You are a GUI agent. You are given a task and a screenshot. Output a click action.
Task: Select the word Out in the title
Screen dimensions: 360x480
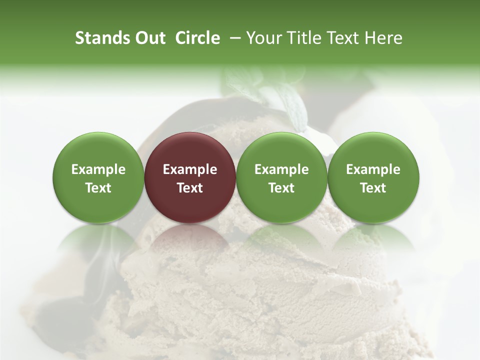click(149, 38)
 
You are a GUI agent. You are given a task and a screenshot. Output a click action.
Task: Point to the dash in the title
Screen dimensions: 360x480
click(233, 38)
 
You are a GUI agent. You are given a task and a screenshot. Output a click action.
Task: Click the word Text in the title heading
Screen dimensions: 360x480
click(342, 38)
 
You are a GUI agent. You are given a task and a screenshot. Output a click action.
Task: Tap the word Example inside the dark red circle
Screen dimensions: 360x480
click(190, 169)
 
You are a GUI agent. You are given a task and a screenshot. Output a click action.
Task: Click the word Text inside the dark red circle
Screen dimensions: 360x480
click(190, 188)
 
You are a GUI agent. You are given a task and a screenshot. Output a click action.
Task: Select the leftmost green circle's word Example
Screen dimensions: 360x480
click(98, 169)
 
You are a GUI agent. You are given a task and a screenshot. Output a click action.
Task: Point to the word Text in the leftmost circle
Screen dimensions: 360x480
click(98, 188)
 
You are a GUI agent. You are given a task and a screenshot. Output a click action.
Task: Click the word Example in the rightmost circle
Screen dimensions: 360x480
click(373, 169)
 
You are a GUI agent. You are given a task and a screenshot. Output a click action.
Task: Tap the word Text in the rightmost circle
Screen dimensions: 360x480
click(373, 188)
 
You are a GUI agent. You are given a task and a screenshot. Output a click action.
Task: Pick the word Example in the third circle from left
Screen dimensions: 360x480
click(281, 169)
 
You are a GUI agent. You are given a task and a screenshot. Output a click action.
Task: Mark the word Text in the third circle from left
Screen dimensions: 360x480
click(281, 188)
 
